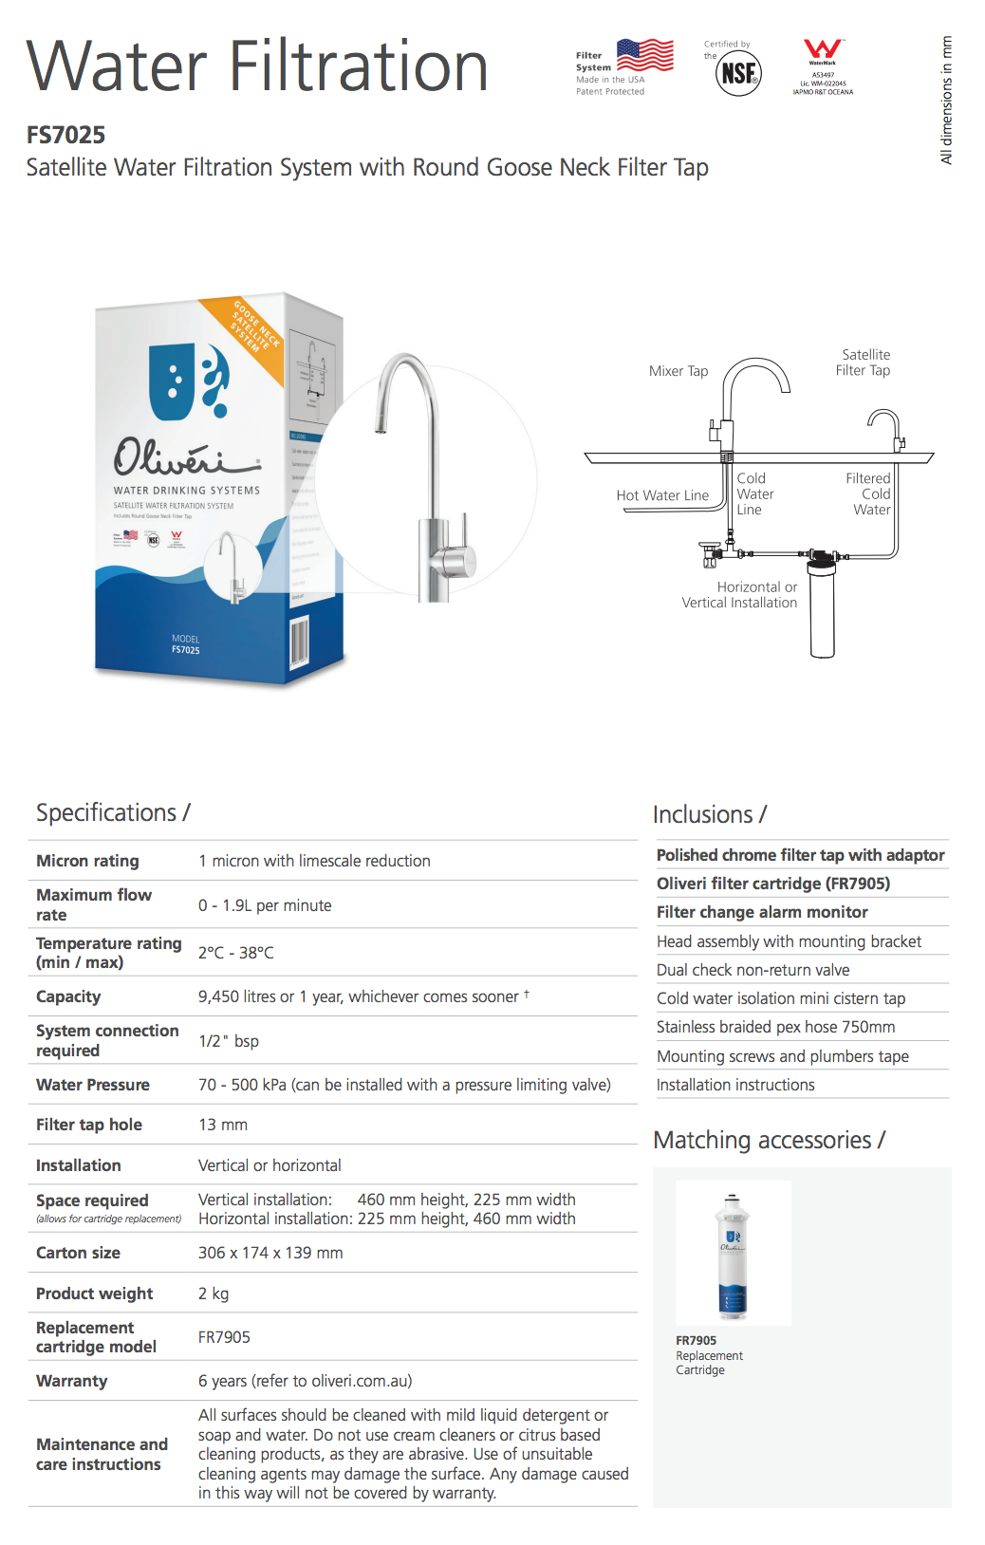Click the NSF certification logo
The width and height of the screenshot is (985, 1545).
738,73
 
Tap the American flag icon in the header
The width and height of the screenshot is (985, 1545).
645,55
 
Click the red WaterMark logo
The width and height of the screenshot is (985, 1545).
823,49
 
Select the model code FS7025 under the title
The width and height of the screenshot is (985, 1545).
65,135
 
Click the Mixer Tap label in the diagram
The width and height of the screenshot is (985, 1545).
678,371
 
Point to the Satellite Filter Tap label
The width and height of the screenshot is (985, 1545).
864,363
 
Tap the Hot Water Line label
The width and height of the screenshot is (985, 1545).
662,495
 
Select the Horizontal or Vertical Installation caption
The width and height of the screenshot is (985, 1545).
739,595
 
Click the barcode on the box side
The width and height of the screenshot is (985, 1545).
299,642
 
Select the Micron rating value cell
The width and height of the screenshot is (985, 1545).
314,861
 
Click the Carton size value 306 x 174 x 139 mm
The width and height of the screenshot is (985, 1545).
270,1253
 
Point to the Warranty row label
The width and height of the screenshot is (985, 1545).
72,1381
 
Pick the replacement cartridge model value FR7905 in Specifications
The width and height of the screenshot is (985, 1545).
224,1337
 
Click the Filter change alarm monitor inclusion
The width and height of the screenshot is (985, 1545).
762,912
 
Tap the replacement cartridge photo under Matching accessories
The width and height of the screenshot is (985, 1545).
733,1253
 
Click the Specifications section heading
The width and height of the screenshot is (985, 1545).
113,813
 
